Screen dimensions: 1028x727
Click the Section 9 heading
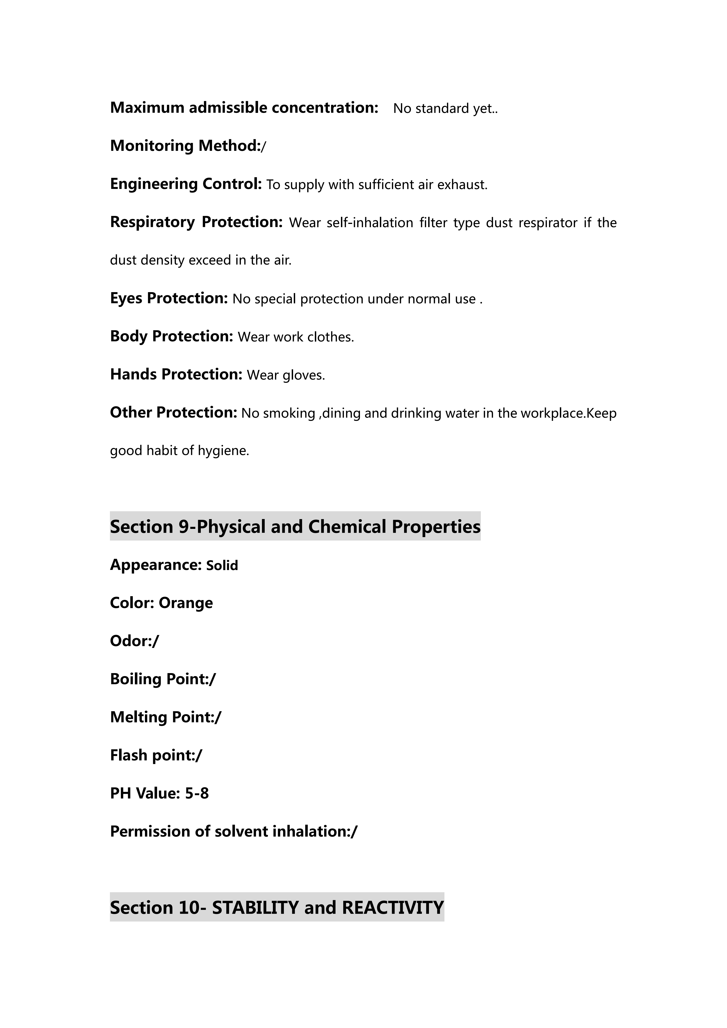[295, 527]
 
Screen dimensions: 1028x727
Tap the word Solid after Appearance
[222, 566]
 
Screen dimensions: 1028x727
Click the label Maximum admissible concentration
[244, 108]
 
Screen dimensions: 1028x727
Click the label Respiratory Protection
[196, 222]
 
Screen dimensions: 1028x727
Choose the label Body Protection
[172, 336]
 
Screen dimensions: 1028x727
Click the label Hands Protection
[176, 374]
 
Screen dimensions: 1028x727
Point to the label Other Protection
[173, 412]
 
